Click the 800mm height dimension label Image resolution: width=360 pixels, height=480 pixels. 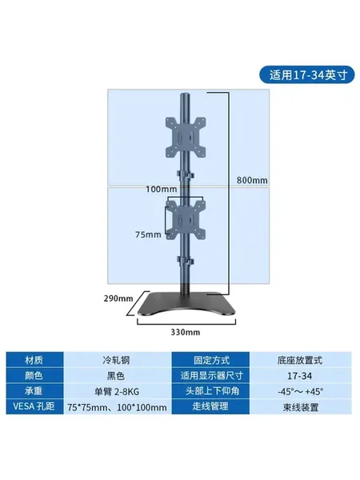click(x=252, y=180)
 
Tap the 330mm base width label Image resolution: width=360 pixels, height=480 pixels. click(x=186, y=332)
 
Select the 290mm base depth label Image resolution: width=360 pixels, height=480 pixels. click(x=118, y=298)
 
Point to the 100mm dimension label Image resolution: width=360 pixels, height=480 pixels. click(x=161, y=189)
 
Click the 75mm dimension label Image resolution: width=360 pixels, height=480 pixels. click(x=148, y=234)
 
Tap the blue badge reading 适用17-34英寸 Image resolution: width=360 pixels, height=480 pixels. click(x=307, y=74)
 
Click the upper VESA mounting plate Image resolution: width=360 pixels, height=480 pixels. click(x=186, y=137)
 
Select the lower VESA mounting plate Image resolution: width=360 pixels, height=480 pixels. click(x=186, y=219)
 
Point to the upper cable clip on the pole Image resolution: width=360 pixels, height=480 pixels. click(x=186, y=175)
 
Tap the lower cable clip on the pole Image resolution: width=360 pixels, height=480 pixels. click(x=186, y=261)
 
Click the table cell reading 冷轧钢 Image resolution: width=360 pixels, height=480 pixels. click(x=116, y=360)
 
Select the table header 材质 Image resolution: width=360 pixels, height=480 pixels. click(x=34, y=360)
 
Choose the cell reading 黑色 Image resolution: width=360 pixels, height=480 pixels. click(x=116, y=376)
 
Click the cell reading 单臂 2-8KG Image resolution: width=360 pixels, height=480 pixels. click(x=116, y=391)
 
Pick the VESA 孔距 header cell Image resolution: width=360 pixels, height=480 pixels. click(x=34, y=406)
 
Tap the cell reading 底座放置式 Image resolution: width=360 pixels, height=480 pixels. click(x=300, y=360)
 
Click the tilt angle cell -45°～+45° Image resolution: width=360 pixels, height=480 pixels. click(x=300, y=391)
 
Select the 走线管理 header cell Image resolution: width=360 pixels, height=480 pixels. click(x=210, y=406)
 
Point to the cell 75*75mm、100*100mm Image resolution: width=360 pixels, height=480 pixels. click(x=117, y=407)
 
